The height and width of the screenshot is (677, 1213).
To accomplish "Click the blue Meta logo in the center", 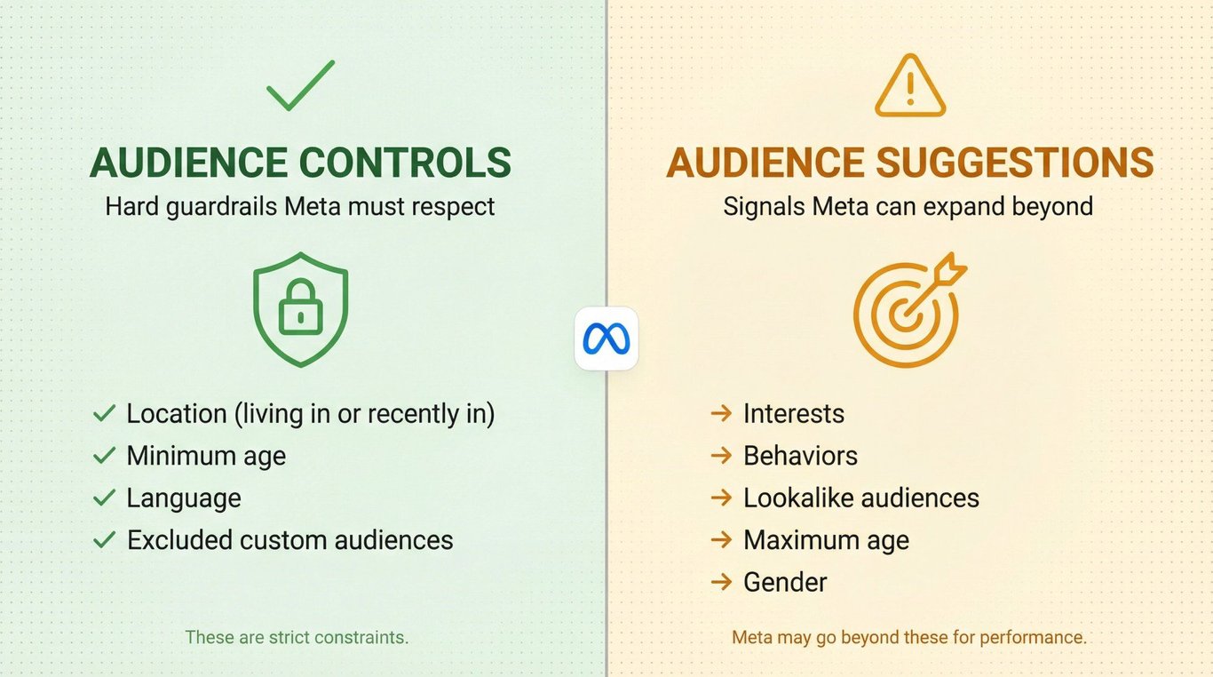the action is (x=606, y=338).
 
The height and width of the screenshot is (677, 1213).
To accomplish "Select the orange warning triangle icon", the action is (x=910, y=85).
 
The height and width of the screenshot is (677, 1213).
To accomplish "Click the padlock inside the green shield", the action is (x=300, y=307).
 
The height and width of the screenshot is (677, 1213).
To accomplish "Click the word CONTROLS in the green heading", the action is (x=405, y=163).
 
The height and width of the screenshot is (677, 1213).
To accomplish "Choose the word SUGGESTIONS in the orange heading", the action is (x=1015, y=163).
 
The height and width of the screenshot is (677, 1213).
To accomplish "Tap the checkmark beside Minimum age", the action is (x=104, y=456).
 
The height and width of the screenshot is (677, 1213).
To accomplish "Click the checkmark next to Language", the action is (x=104, y=498).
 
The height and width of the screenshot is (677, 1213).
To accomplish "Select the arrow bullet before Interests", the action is (x=721, y=414).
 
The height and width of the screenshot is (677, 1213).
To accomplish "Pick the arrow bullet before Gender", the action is (x=721, y=582).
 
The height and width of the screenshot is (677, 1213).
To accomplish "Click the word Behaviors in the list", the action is (x=800, y=456).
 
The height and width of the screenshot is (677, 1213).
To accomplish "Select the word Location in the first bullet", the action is (x=177, y=414).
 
